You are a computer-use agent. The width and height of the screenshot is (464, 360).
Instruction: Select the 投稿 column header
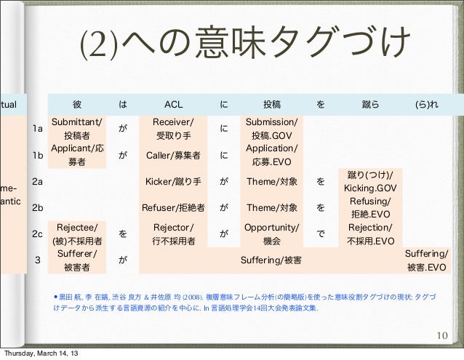[x=271, y=103]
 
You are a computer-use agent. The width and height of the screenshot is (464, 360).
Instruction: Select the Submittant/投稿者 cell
[x=76, y=128]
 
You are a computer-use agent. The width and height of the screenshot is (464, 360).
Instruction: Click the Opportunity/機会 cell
[x=271, y=233]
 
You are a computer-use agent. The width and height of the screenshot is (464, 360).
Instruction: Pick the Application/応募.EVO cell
[x=271, y=155]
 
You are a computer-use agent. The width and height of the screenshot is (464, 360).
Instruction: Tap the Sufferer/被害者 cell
[x=76, y=260]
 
